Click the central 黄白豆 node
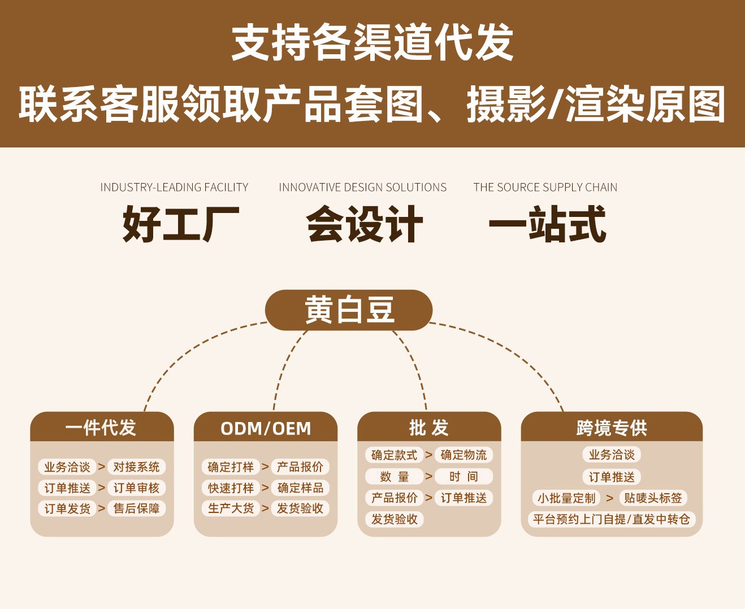tap(349, 310)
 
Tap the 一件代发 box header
tap(101, 428)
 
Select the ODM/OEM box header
tap(265, 428)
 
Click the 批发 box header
tap(428, 428)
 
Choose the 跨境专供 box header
tap(611, 428)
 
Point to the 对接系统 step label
tap(136, 467)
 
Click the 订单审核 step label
tap(136, 488)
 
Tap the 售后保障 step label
tap(136, 508)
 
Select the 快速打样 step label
tap(231, 488)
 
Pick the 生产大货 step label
tap(231, 508)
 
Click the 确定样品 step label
tap(300, 488)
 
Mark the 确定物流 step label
tap(464, 455)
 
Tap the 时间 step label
tap(464, 476)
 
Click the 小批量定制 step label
tap(566, 498)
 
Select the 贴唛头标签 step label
tap(653, 498)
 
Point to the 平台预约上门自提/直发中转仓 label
tap(611, 519)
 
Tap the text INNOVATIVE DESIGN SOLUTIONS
tap(362, 188)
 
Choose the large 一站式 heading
tap(547, 224)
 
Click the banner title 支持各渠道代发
tap(372, 42)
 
